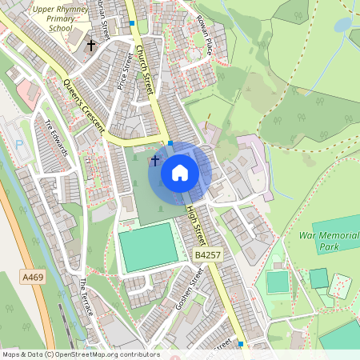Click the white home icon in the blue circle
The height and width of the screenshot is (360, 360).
pyautogui.click(x=180, y=173)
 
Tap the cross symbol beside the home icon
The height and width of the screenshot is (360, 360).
pyautogui.click(x=154, y=161)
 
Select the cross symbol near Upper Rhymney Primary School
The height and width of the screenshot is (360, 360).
pyautogui.click(x=92, y=46)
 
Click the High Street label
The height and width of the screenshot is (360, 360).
pyautogui.click(x=196, y=226)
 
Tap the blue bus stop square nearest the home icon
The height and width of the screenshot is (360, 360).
pyautogui.click(x=170, y=143)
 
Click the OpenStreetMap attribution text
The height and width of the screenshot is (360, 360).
pyautogui.click(x=81, y=354)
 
